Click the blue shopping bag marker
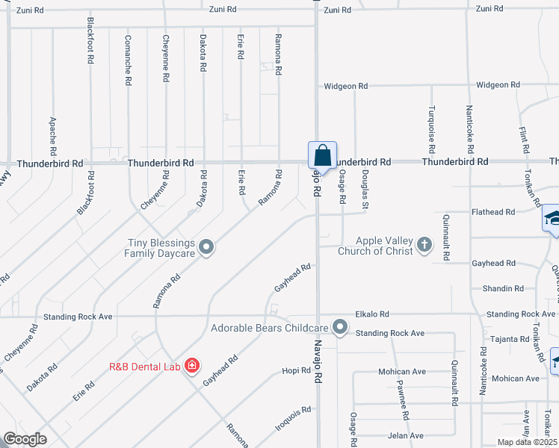tap(322, 156)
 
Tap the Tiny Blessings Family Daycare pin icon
tap(207, 246)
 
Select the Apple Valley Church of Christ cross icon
tap(424, 244)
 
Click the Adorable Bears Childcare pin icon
tap(341, 326)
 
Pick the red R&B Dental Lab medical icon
tap(192, 365)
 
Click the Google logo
tap(25, 439)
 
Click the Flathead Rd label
tap(493, 212)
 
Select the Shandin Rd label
tap(503, 288)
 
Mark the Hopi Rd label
tap(296, 371)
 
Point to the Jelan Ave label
tap(405, 435)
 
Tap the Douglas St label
tap(365, 187)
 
